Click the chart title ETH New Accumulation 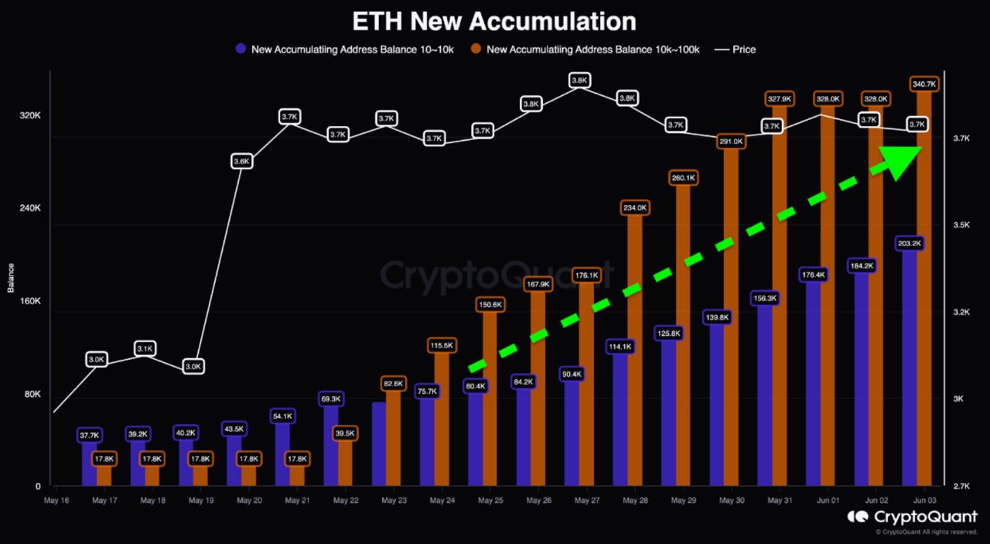point(494,20)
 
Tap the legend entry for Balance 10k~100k point(587,49)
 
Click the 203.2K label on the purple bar point(910,243)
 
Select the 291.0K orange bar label point(732,142)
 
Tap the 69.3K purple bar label point(330,398)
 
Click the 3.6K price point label point(241,161)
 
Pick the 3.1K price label point(145,349)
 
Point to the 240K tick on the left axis point(29,208)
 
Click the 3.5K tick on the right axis point(961,225)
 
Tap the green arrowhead point(901,160)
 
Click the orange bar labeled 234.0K point(634,348)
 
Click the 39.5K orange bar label point(344,433)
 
